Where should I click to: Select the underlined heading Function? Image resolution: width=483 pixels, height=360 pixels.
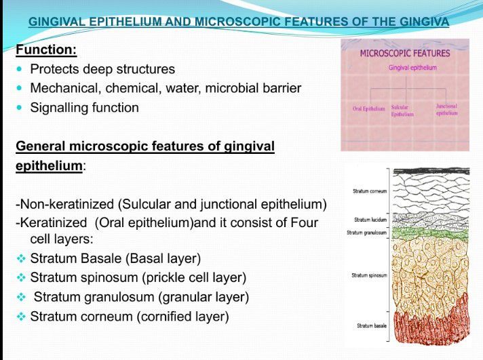coord(46,49)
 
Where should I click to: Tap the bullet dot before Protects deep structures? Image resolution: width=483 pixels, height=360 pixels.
coord(20,69)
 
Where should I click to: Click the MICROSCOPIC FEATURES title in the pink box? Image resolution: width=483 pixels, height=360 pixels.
coord(405,54)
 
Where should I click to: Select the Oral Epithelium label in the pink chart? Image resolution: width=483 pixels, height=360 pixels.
coord(369,108)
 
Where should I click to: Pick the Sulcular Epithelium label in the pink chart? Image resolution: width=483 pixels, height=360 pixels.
coord(402,111)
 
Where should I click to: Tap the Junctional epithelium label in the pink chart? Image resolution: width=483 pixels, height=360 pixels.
coord(446,110)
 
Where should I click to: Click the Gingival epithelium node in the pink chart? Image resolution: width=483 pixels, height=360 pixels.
coord(412,68)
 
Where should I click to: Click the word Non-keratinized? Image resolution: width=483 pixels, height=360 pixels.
coord(65,204)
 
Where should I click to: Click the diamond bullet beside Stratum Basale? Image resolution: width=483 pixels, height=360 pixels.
coord(21,258)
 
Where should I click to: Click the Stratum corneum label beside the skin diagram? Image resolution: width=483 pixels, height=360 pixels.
coord(370,191)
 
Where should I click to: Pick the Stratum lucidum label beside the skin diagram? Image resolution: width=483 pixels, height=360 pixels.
coord(370,220)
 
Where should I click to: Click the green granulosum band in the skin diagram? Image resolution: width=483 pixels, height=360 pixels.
coord(431,233)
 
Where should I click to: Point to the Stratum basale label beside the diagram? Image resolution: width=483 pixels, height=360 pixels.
coord(372,325)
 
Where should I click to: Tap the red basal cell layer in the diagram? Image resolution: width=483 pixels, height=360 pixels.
coord(431,326)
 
